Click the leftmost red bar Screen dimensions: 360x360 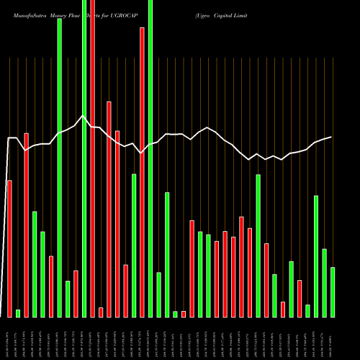click(x=9, y=248)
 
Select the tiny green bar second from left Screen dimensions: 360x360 click(x=18, y=313)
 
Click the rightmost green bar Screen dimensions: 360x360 click(x=333, y=292)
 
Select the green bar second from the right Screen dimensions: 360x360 click(x=324, y=282)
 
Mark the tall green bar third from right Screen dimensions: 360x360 click(x=316, y=256)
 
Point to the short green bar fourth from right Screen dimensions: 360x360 click(x=307, y=310)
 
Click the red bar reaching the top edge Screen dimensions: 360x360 click(x=93, y=158)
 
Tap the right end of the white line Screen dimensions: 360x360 click(x=331, y=137)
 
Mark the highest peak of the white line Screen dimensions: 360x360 click(x=84, y=116)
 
